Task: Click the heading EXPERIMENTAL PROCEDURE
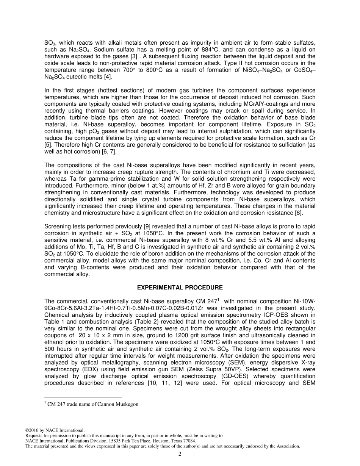[180, 288]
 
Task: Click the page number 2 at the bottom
[180, 454]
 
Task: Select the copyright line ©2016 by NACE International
[55, 430]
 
